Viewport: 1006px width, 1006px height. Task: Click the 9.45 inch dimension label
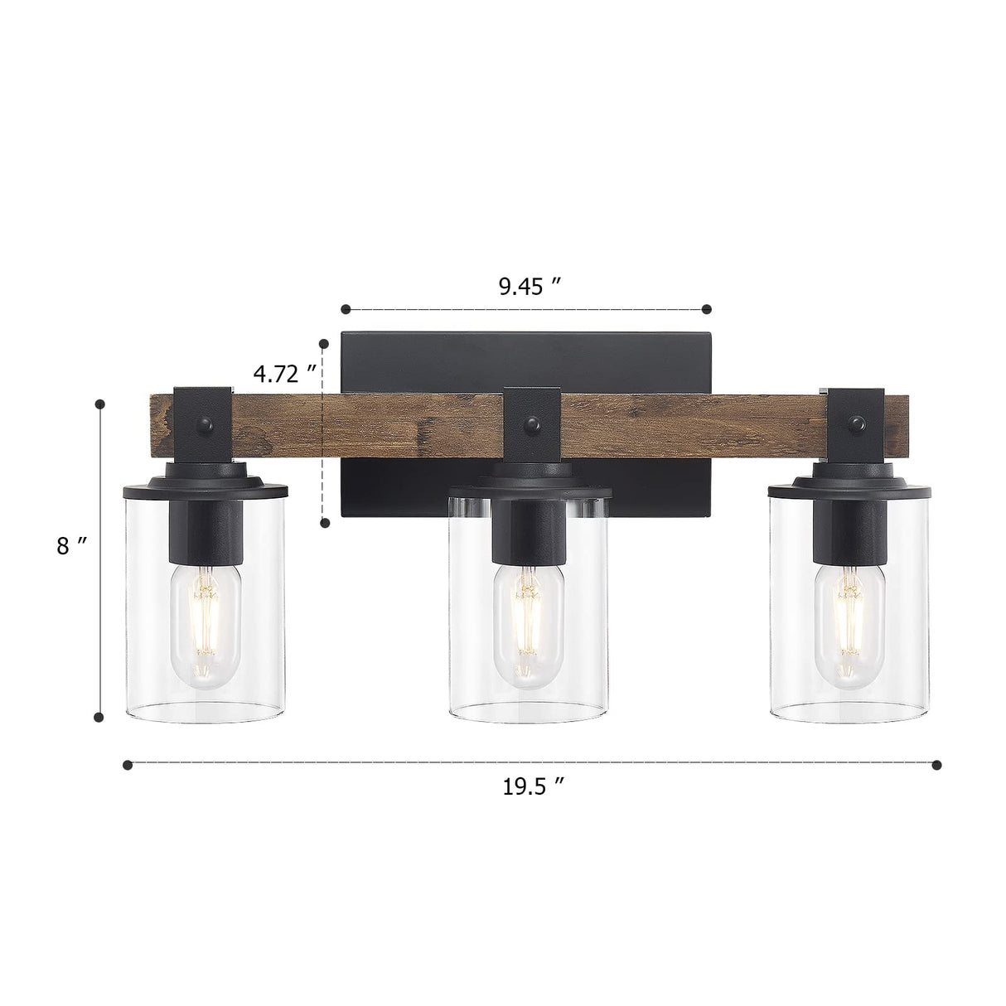(x=530, y=287)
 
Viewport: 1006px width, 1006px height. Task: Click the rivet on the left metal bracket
(x=204, y=426)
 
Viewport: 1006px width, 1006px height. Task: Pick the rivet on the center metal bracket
(x=527, y=426)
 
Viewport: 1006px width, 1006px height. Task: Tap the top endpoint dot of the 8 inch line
(x=100, y=404)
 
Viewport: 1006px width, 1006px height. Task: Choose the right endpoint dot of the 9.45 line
(x=707, y=309)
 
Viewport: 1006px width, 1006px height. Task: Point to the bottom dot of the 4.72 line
(x=325, y=522)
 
